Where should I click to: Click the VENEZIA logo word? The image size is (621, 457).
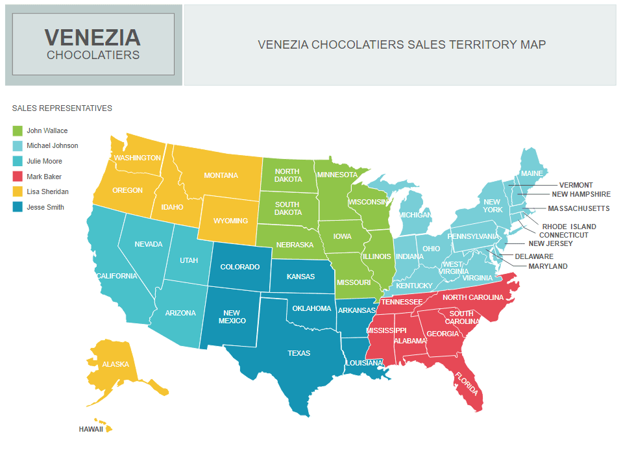[92, 37]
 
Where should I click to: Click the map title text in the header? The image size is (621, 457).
[402, 45]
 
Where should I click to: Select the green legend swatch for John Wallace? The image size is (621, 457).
[18, 130]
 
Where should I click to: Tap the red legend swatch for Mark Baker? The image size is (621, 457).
[18, 177]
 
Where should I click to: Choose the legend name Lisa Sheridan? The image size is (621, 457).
[47, 191]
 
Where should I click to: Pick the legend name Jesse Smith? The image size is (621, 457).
[45, 207]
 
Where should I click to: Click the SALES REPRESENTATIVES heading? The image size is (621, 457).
[62, 108]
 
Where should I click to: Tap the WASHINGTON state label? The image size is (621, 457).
[137, 158]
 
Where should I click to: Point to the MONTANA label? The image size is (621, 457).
[221, 175]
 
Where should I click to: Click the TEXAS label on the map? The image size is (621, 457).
[299, 353]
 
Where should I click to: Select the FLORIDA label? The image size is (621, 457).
[467, 384]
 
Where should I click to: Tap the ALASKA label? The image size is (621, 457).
[116, 364]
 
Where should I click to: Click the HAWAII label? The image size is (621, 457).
[91, 429]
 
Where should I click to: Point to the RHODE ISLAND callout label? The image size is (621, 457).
[569, 227]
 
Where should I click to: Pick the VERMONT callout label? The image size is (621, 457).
[576, 185]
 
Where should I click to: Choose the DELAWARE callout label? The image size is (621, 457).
[534, 256]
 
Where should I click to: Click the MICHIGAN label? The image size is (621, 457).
[415, 214]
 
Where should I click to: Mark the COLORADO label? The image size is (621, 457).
[239, 267]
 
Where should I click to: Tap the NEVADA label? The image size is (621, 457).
[149, 244]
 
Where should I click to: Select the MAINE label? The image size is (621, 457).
[532, 174]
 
